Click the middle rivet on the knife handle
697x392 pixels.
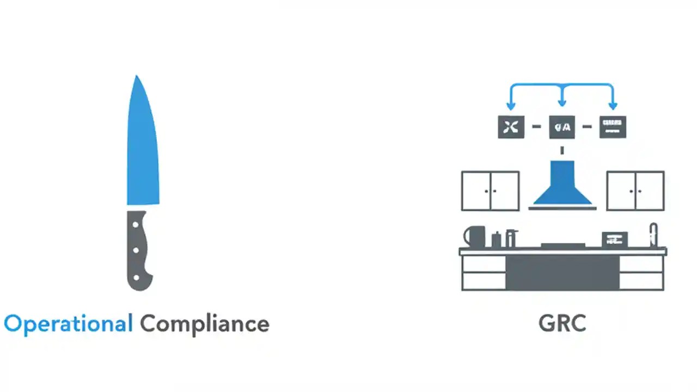point(136,251)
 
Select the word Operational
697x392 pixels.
point(68,323)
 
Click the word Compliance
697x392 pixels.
point(204,324)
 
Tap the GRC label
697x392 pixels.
point(562,323)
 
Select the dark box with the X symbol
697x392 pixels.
point(511,127)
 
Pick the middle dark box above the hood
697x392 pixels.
point(562,127)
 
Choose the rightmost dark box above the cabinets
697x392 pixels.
point(613,127)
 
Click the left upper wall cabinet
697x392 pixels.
point(490,191)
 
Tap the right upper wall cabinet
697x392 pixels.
point(635,191)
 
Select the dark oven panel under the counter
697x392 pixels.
point(562,272)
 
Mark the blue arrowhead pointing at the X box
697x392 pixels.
point(511,106)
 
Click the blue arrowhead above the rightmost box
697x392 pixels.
point(613,106)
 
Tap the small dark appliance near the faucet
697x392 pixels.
point(614,240)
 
